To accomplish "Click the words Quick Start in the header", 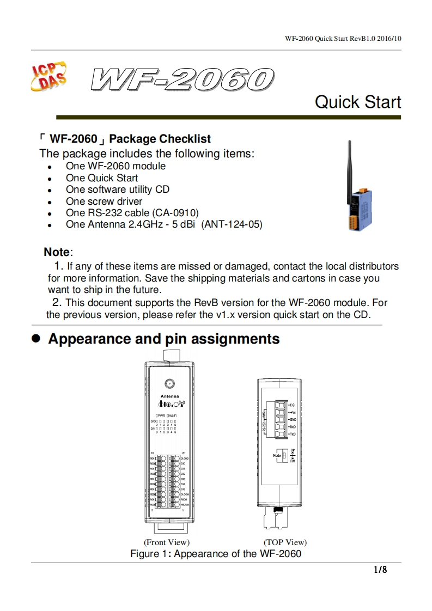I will click(358, 102).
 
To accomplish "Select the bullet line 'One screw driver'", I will click(104, 201).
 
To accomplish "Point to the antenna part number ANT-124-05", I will click(232, 224).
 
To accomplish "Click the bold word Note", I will click(57, 252).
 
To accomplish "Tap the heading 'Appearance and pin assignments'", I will click(163, 339).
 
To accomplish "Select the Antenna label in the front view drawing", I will click(169, 396).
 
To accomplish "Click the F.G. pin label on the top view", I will click(293, 405).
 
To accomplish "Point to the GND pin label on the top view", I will click(293, 419).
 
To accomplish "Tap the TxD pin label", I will click(293, 434).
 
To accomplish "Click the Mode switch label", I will click(276, 455).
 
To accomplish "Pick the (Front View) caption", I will click(167, 542).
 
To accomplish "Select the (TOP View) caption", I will click(285, 542).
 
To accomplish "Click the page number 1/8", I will click(380, 570).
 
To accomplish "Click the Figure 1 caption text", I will click(216, 554).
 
